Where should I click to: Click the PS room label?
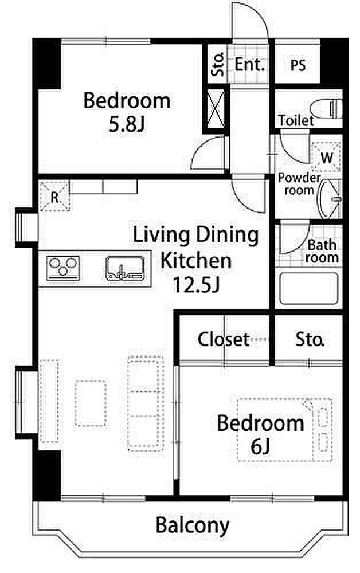point(298,65)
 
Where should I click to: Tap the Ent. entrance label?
point(249,65)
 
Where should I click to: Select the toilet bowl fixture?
point(326,109)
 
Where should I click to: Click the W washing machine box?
point(326,157)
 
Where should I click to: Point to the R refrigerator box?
point(54,196)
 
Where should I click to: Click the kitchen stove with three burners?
point(63,268)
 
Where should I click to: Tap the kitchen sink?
point(124,268)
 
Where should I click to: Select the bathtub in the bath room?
point(308,288)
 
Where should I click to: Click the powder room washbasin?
point(329,199)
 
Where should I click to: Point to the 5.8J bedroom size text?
point(127,124)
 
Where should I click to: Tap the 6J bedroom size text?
point(260,446)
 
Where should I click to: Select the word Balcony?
point(193,525)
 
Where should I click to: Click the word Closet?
point(224,339)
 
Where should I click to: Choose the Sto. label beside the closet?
point(310,339)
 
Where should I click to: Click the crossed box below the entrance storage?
point(216,108)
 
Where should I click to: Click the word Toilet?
point(296,120)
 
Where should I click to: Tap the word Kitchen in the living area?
point(196,260)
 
